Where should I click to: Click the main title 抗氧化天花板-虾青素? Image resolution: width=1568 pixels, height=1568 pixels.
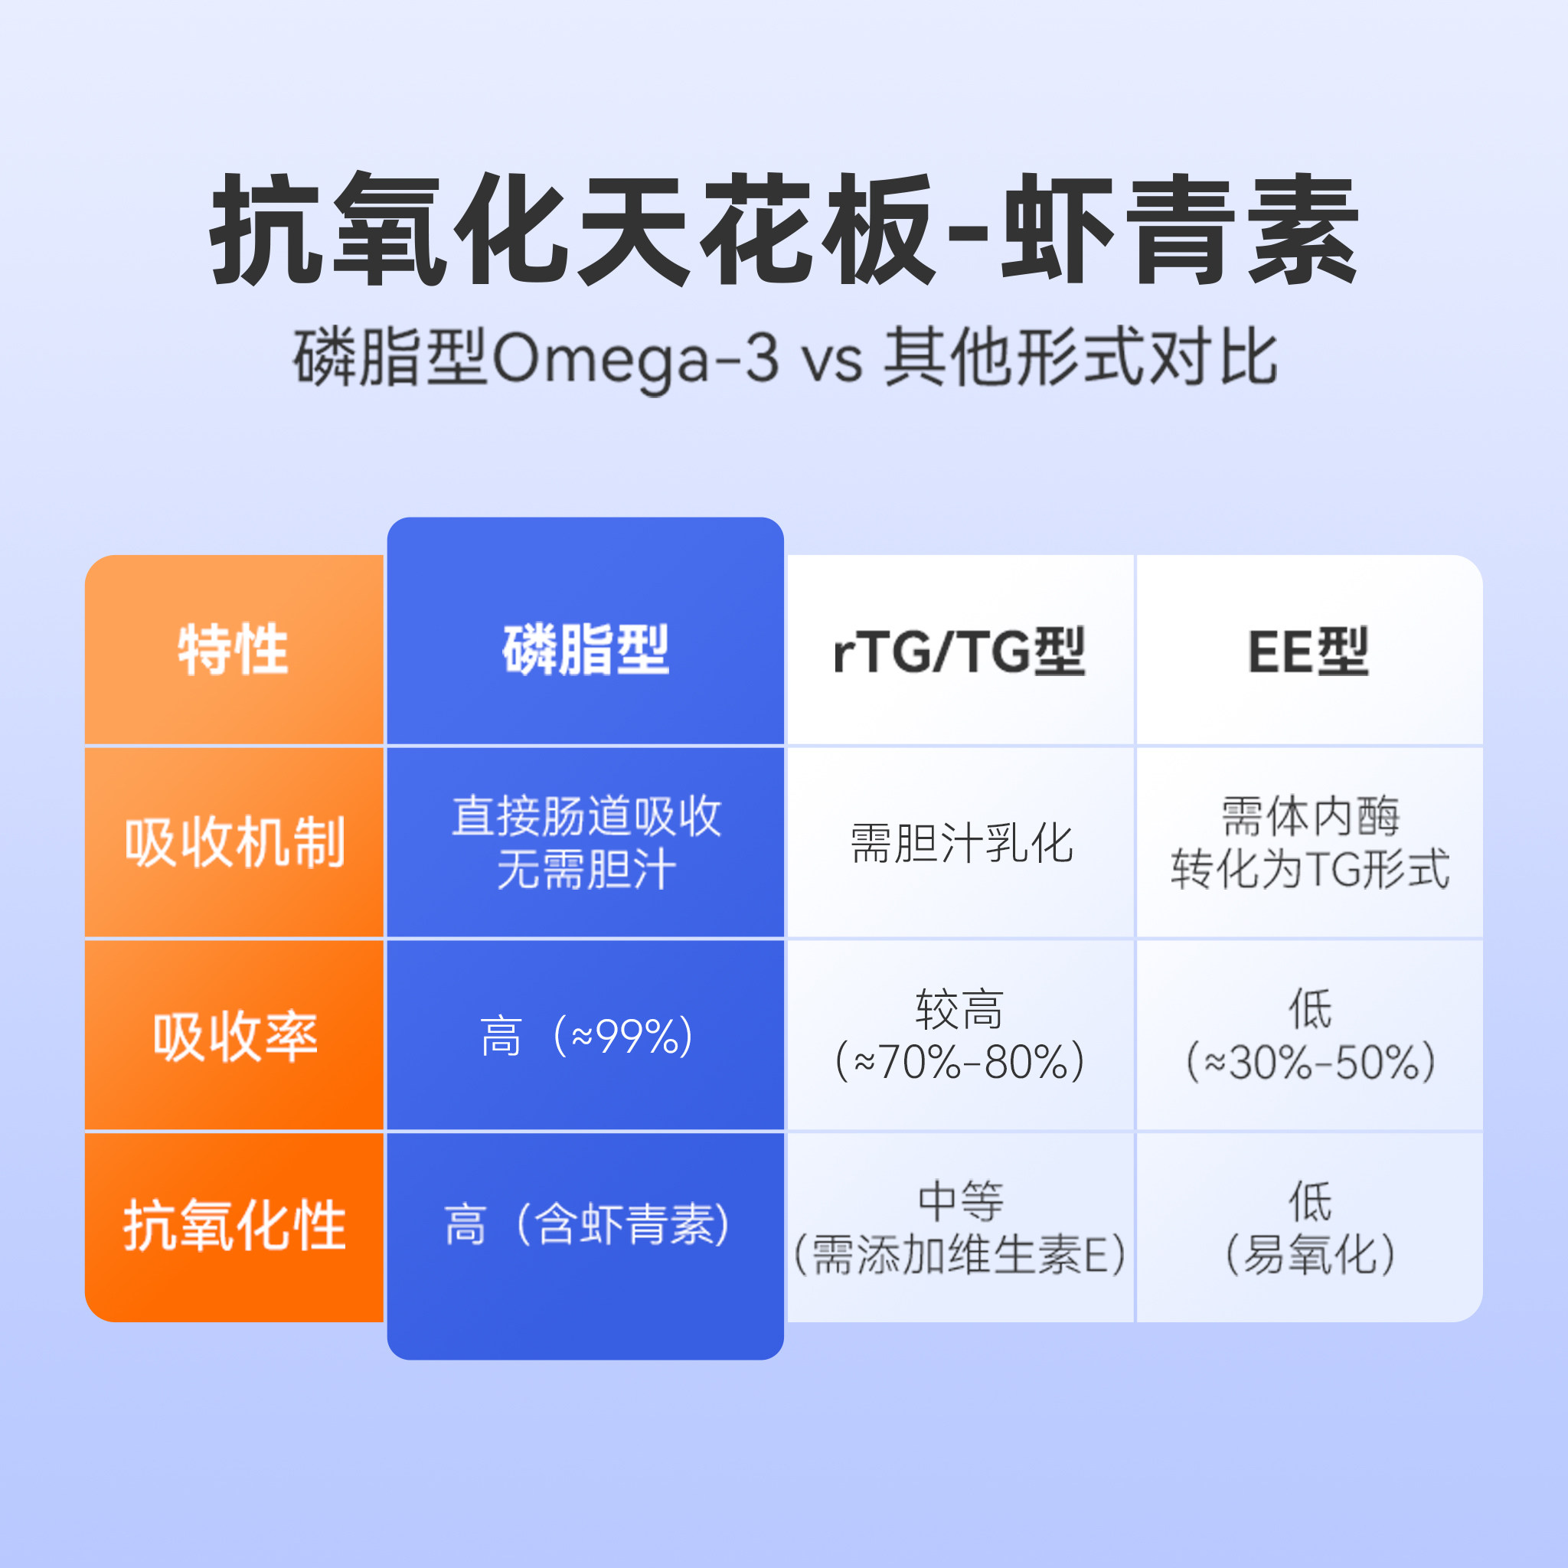click(784, 229)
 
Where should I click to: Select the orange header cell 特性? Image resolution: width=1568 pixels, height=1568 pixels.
click(234, 650)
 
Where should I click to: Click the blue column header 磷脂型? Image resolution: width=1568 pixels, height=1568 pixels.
click(585, 650)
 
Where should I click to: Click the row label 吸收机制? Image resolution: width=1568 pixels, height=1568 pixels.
click(234, 842)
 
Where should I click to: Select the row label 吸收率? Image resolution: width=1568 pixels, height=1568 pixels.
click(234, 1037)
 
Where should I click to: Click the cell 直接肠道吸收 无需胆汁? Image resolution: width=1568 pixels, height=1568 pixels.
click(586, 842)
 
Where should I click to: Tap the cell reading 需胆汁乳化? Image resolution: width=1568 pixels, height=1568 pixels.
click(961, 843)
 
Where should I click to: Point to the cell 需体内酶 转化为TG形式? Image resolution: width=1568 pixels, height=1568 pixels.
click(1309, 842)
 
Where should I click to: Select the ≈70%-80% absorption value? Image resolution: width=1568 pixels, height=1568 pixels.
click(960, 1060)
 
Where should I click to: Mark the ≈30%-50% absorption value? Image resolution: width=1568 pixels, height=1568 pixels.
click(1310, 1060)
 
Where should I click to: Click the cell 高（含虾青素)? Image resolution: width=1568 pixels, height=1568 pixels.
click(586, 1225)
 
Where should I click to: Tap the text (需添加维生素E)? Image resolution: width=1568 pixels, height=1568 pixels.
click(960, 1254)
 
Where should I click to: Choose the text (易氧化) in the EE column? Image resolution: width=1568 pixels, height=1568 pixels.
click(1310, 1254)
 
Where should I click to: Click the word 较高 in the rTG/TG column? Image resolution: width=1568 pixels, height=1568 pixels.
click(960, 1009)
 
